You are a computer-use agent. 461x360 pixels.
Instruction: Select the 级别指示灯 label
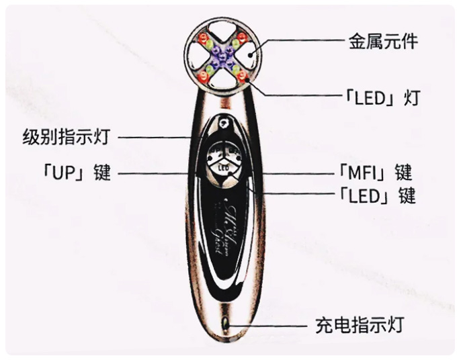(x=65, y=138)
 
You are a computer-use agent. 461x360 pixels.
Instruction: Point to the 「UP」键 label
(x=74, y=173)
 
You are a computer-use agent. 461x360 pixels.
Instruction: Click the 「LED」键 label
(x=378, y=195)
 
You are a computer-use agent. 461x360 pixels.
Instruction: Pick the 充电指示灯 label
(x=359, y=326)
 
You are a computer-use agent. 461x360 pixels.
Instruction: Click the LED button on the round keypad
(x=224, y=167)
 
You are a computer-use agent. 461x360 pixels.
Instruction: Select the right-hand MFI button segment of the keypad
(x=235, y=154)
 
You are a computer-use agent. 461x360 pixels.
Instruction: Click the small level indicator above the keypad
(x=223, y=124)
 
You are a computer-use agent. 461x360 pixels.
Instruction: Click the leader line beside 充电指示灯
(x=269, y=326)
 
